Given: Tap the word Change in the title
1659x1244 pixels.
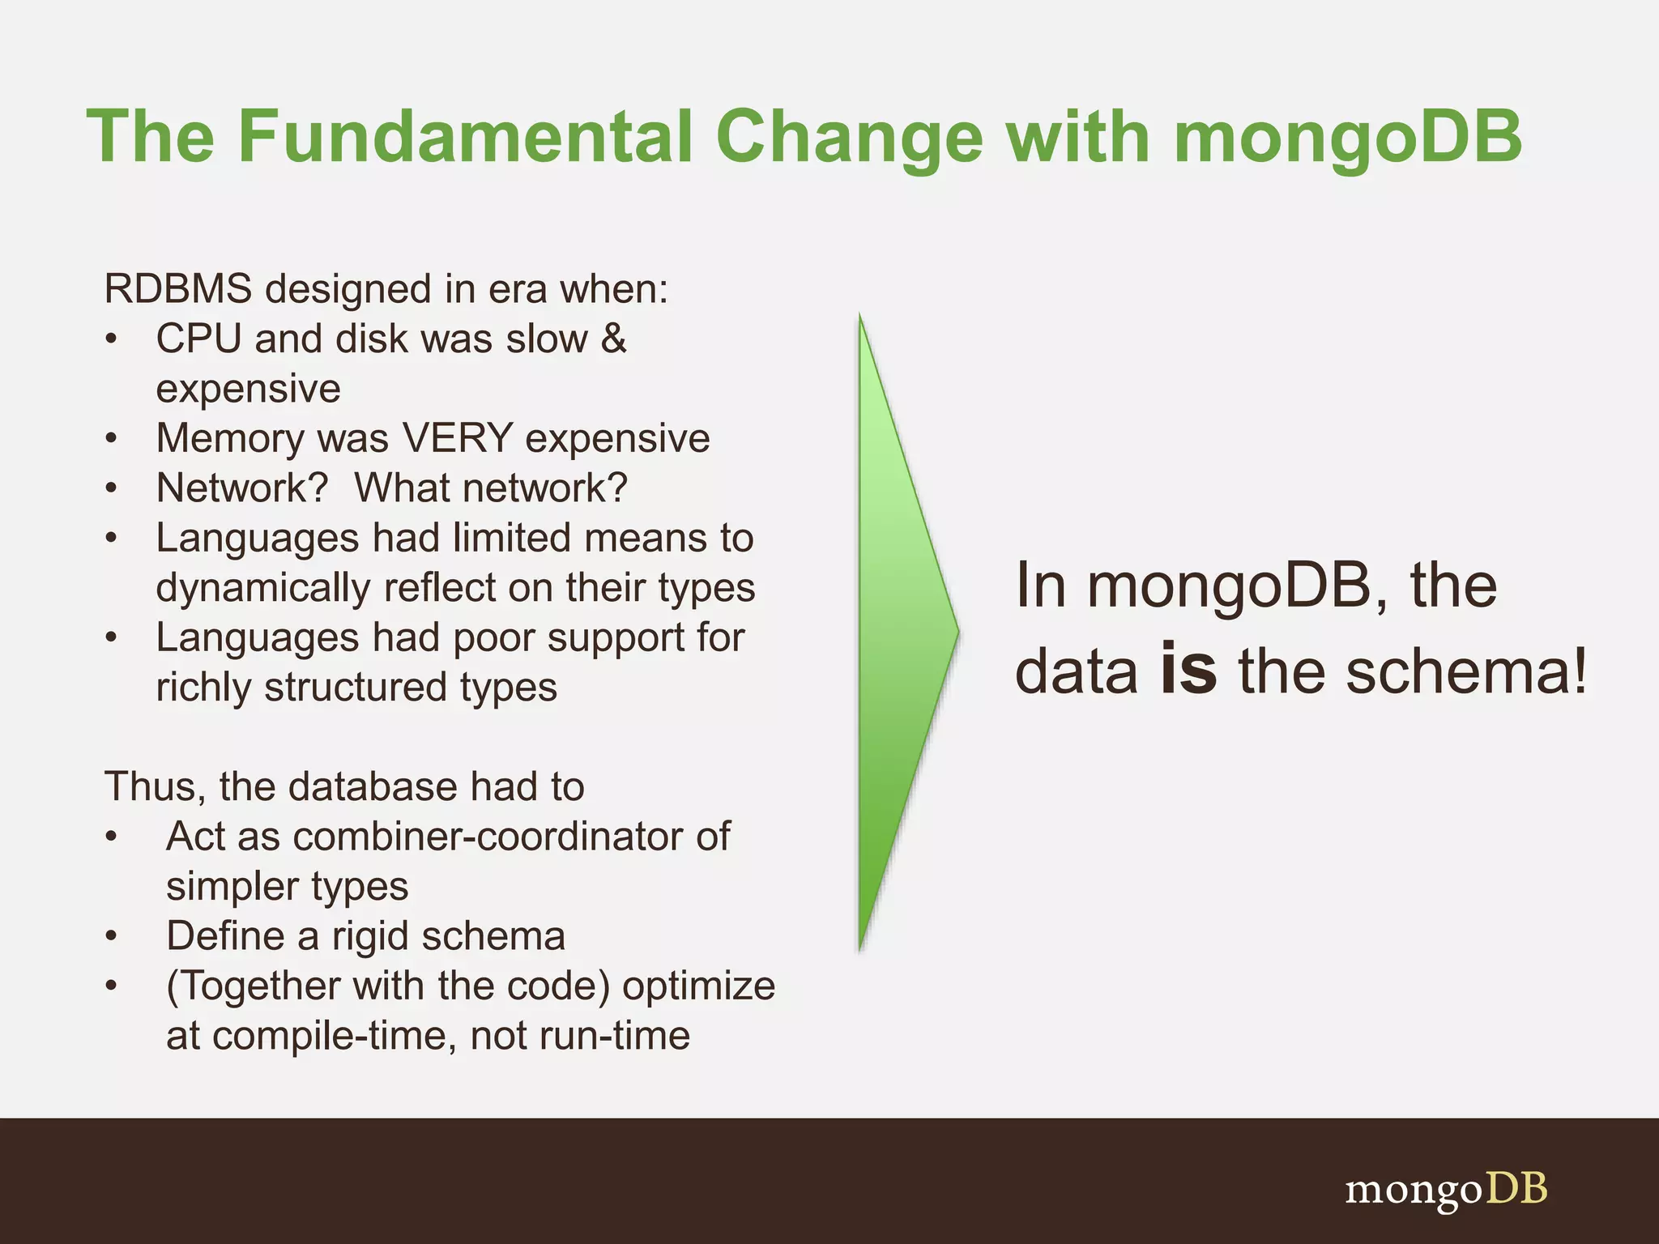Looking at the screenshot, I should click(x=849, y=138).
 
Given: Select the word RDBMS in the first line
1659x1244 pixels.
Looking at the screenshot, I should click(x=177, y=289).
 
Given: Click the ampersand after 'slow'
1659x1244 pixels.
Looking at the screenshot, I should click(x=614, y=338).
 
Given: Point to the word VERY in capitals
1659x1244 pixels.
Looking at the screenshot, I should click(x=458, y=438).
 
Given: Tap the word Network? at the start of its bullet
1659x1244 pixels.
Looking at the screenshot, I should click(x=242, y=488).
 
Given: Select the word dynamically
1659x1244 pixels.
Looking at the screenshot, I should click(x=262, y=589).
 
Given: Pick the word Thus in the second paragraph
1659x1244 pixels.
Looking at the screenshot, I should click(x=154, y=786).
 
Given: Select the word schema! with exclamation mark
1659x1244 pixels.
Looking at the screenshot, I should click(x=1466, y=672).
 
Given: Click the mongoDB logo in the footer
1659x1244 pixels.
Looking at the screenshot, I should click(x=1446, y=1189).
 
